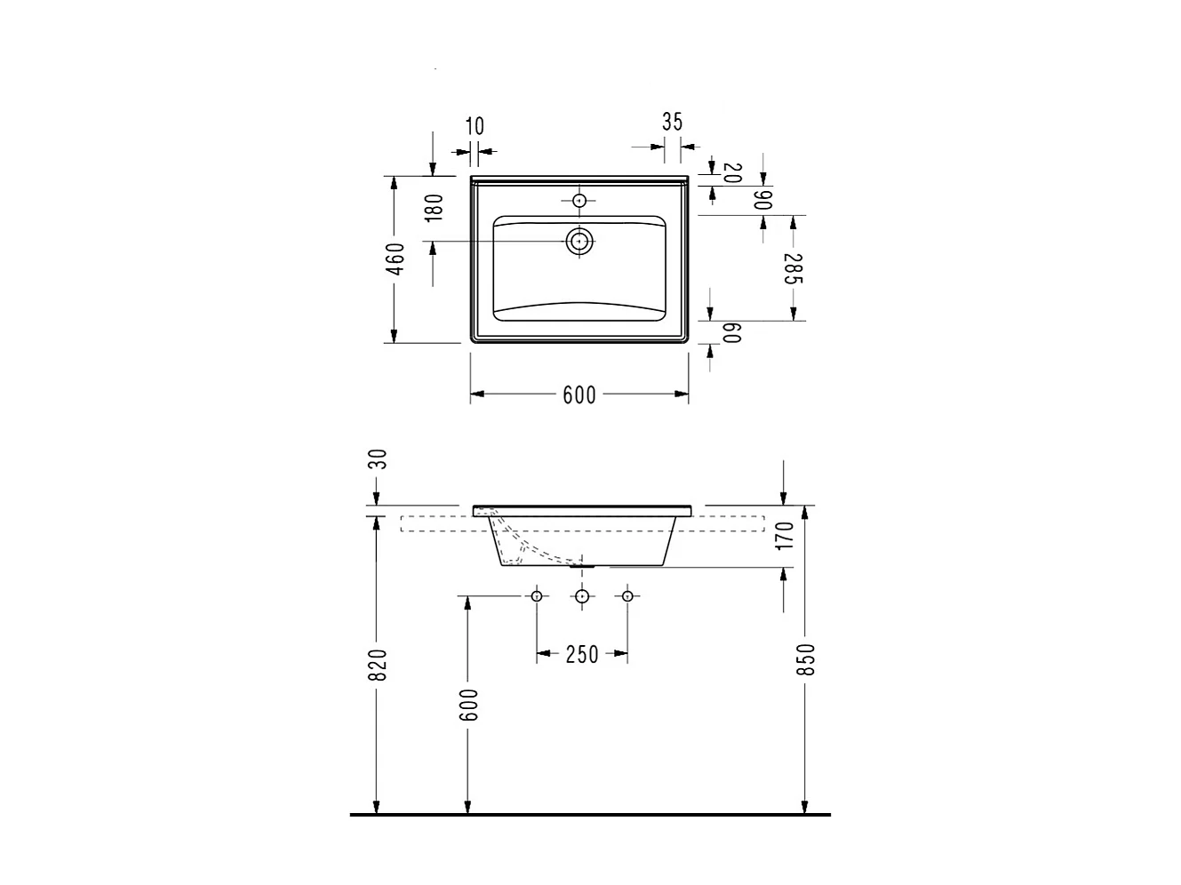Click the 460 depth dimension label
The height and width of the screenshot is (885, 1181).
[x=397, y=259]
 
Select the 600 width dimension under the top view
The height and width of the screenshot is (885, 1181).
[x=579, y=395]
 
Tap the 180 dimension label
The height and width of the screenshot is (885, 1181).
[x=434, y=208]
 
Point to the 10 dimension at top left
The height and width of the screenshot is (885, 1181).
[x=475, y=126]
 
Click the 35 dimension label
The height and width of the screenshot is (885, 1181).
[x=673, y=122]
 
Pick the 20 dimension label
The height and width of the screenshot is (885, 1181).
[x=732, y=172]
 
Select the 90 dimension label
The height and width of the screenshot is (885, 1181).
[x=763, y=200]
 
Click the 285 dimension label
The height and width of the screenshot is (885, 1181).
[x=794, y=268]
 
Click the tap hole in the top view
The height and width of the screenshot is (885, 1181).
[x=579, y=201]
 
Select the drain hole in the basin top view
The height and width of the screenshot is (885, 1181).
[x=579, y=240]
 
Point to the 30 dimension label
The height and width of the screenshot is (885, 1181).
[x=378, y=459]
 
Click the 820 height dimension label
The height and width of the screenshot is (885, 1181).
[x=378, y=665]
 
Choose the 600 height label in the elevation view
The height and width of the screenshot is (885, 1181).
[x=469, y=704]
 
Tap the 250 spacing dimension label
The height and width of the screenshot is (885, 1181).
[x=582, y=655]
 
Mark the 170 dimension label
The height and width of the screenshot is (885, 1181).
[x=784, y=536]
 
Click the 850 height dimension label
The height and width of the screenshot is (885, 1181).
[x=805, y=659]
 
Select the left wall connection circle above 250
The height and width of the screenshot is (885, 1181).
[x=537, y=595]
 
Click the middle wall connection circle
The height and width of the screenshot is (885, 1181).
[x=582, y=595]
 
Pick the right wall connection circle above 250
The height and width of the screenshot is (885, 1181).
[x=627, y=595]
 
